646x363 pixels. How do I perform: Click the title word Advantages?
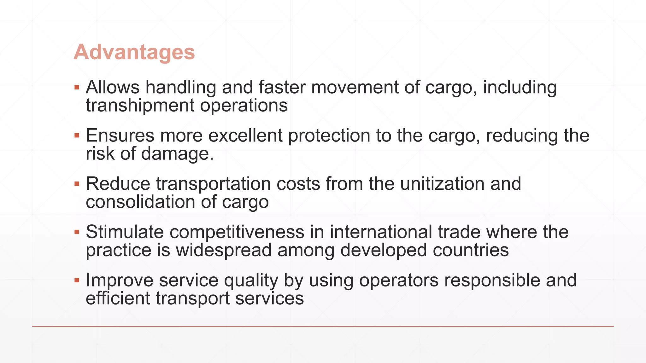coord(134,52)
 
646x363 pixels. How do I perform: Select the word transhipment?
coord(140,106)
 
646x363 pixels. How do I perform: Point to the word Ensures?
coord(120,135)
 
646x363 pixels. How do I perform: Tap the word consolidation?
coord(140,202)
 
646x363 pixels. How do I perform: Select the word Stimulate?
coord(125,232)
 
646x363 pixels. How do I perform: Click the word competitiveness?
coord(237,232)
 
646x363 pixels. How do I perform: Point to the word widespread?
coord(224,250)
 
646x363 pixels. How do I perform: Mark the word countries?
coord(471,250)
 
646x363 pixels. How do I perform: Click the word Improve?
coord(120,280)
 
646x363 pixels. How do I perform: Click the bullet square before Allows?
coord(77,87)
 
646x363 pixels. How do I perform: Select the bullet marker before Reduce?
coord(77,184)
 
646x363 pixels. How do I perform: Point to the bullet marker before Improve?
coord(77,280)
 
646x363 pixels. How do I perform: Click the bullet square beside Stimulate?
coord(77,232)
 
